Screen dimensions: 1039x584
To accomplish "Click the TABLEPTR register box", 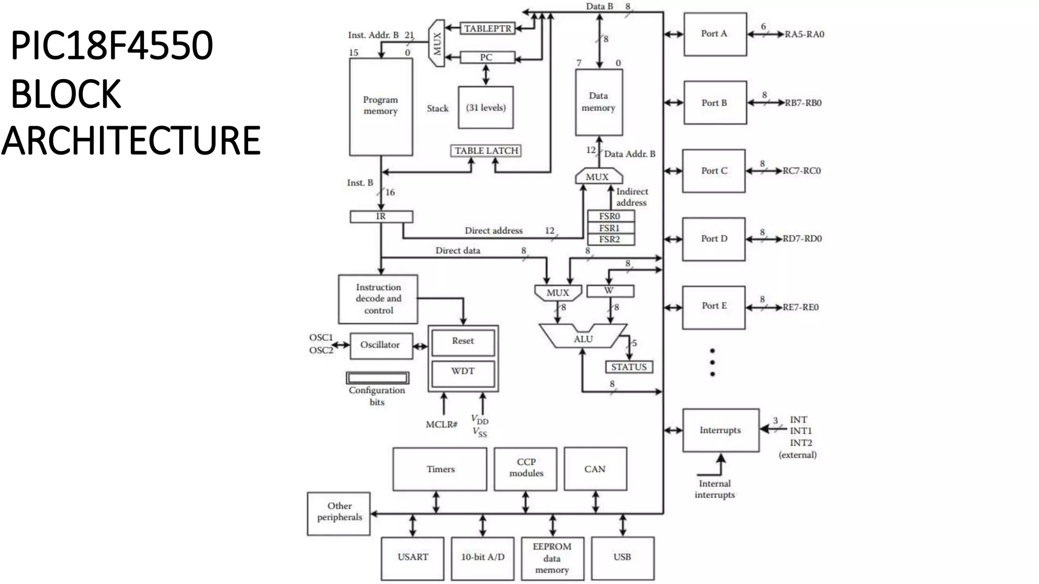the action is (x=487, y=28).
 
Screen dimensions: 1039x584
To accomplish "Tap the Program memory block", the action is (x=380, y=106).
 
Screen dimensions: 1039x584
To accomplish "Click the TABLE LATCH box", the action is (x=486, y=151).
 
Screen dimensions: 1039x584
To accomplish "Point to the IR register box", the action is (x=381, y=216).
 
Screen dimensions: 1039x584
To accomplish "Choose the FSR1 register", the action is (x=610, y=228).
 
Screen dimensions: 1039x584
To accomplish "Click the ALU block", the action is (x=583, y=338).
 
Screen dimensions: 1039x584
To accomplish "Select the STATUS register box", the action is (x=629, y=367).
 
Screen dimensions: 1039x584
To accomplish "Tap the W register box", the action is (x=610, y=290).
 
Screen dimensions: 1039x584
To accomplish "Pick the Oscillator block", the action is (x=380, y=345).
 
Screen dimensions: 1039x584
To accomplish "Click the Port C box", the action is (x=713, y=171).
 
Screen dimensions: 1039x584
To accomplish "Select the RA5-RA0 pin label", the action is (x=805, y=34).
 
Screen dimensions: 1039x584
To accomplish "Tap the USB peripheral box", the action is (x=622, y=558).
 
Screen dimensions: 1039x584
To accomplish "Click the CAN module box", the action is (x=595, y=469).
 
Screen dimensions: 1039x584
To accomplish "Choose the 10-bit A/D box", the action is (x=482, y=558).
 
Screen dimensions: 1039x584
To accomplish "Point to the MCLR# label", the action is (x=441, y=424).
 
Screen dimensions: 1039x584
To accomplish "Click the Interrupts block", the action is (x=720, y=430).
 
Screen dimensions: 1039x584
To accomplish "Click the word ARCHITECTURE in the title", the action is (x=131, y=140).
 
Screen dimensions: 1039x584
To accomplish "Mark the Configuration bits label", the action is (x=377, y=396).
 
